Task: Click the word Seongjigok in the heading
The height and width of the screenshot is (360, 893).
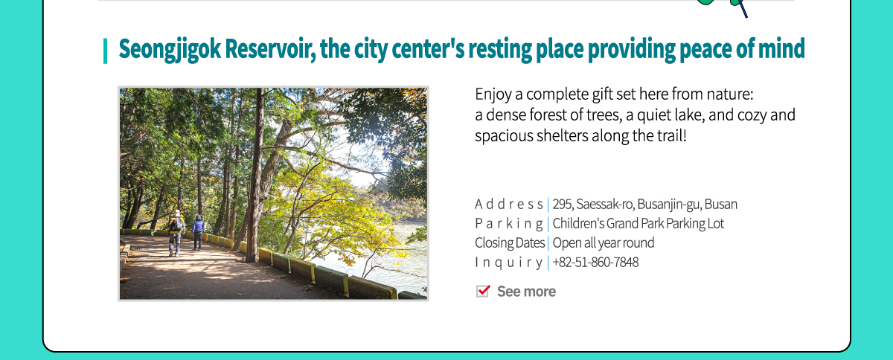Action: click(x=170, y=49)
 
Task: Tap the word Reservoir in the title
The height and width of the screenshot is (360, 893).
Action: click(x=270, y=48)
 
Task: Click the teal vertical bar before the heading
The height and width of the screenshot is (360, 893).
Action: click(x=105, y=51)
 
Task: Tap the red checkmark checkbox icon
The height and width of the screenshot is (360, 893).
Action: click(x=483, y=291)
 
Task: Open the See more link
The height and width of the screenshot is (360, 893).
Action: click(x=526, y=292)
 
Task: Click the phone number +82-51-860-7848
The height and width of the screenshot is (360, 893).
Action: click(x=595, y=263)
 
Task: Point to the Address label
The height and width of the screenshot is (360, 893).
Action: click(x=509, y=205)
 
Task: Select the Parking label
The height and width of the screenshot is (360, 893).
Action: click(x=509, y=224)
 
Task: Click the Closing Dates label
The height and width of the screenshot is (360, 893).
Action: click(x=510, y=242)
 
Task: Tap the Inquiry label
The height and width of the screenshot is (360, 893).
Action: click(x=509, y=263)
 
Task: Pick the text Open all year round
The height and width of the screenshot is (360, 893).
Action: click(x=604, y=242)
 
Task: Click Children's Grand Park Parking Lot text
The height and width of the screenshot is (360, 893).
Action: click(x=638, y=224)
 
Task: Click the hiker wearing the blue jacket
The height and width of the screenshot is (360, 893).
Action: click(x=198, y=232)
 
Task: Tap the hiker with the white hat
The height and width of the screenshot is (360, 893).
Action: click(x=176, y=233)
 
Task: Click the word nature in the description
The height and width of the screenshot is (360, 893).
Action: click(x=730, y=94)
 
